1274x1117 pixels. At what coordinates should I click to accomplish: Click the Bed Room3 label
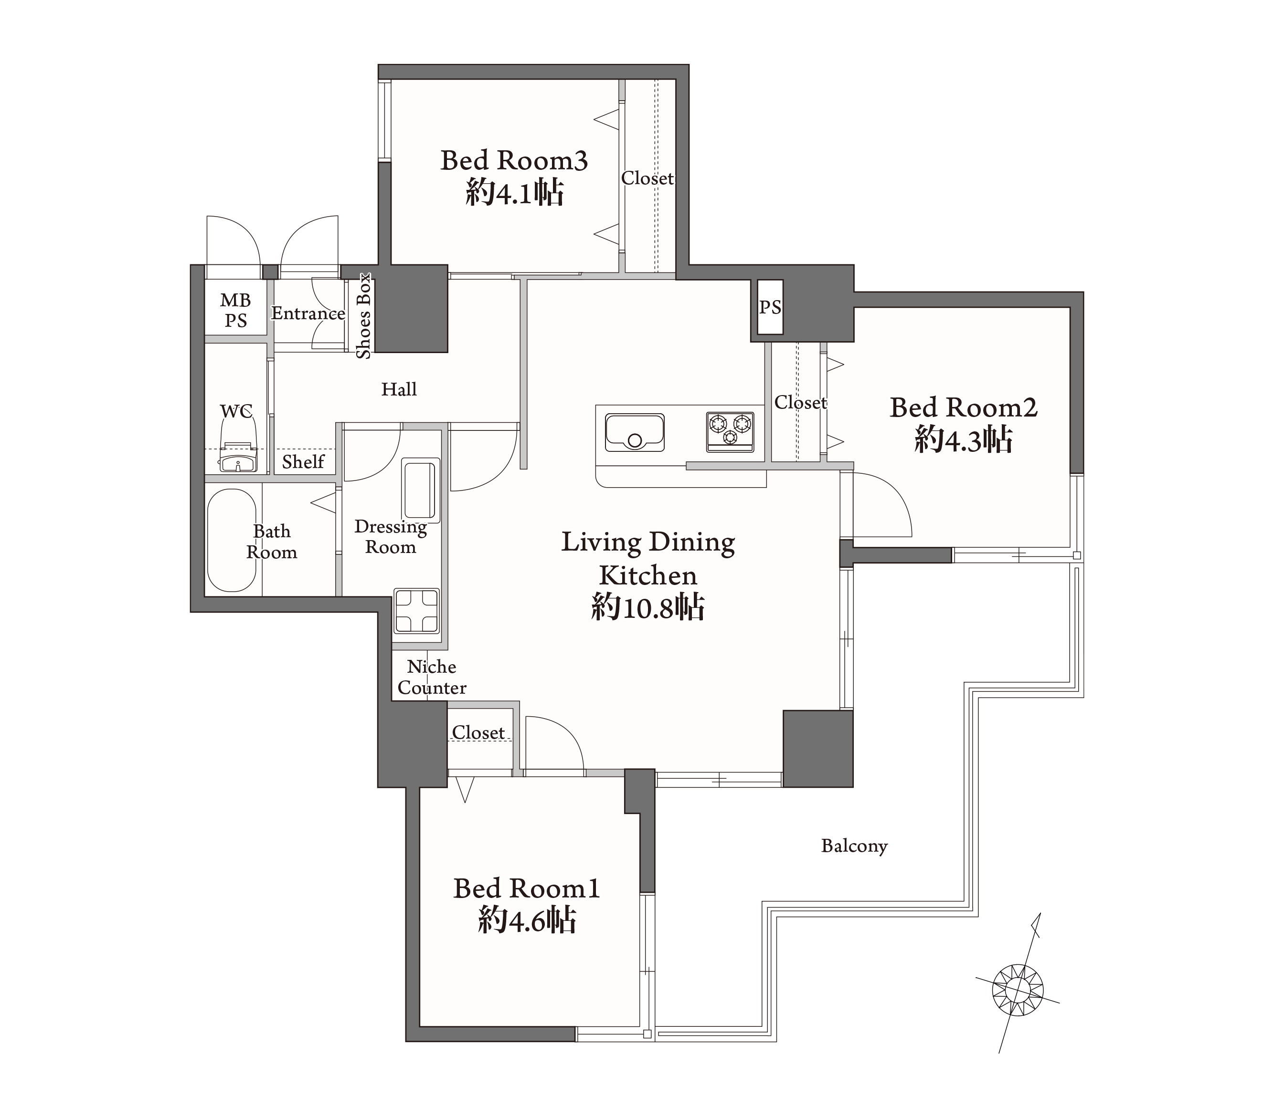coord(514,160)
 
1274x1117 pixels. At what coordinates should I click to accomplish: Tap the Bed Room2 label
coord(963,407)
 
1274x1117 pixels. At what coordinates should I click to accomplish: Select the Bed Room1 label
coord(527,888)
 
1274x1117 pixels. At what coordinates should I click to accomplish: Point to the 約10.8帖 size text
coord(648,607)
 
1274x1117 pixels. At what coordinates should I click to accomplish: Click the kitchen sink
coord(635,432)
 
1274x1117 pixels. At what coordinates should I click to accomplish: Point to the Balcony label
coord(854,846)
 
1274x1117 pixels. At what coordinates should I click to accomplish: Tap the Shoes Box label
coord(363,316)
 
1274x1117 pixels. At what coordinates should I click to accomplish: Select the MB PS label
coord(235,310)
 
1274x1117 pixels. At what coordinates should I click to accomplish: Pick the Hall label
coord(399,389)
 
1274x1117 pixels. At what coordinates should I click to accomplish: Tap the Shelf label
coord(303,461)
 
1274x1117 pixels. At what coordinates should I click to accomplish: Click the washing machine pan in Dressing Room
coord(416,611)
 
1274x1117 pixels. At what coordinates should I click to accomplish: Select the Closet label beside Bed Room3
coord(647,178)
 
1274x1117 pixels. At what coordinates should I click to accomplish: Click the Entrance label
coord(308,313)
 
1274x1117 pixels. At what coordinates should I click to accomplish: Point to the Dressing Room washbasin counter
coord(421,491)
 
